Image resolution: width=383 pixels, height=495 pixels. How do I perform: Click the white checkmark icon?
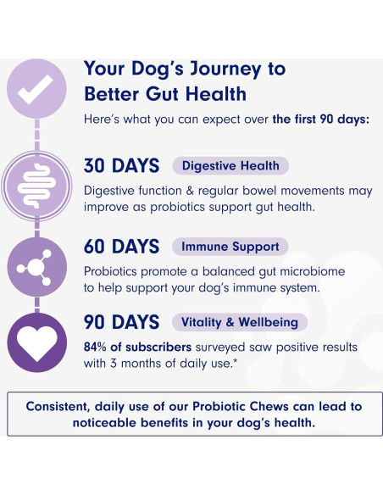click(36, 86)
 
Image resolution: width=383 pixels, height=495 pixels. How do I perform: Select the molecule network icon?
click(36, 266)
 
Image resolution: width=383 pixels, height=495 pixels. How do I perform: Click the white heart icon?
click(36, 343)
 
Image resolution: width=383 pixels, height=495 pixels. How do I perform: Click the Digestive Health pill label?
click(230, 166)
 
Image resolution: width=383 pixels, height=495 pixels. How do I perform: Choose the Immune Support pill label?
click(230, 247)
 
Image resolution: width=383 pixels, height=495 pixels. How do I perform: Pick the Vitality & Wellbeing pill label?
click(239, 322)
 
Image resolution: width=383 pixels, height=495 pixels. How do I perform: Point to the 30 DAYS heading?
click(122, 166)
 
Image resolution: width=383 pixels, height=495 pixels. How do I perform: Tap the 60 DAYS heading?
click(122, 247)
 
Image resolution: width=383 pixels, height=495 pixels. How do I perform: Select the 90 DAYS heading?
click(122, 322)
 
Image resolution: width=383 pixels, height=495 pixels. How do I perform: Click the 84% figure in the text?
click(97, 348)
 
